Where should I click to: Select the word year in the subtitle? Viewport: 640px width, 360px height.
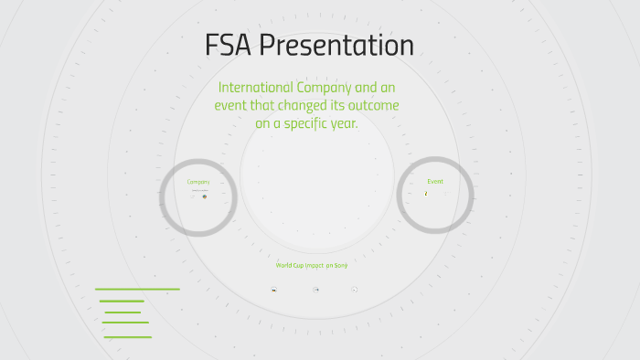(x=346, y=124)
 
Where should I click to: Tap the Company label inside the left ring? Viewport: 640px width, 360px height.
(x=198, y=182)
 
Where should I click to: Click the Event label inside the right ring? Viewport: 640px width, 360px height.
(x=435, y=181)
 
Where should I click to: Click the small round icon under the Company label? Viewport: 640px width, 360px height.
(x=204, y=196)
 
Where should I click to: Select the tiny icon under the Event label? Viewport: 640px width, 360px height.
(x=426, y=194)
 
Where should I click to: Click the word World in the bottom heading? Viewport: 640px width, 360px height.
(x=284, y=265)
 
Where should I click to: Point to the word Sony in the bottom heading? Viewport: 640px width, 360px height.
(x=341, y=265)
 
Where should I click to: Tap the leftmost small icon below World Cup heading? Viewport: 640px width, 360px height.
(x=273, y=290)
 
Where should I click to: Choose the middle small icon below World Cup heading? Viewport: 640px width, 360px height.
(x=316, y=290)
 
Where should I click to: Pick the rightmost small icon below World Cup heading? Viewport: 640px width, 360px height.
(x=355, y=290)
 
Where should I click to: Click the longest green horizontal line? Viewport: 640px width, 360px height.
(x=137, y=289)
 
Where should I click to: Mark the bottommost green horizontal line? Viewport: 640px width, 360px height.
(x=127, y=337)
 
